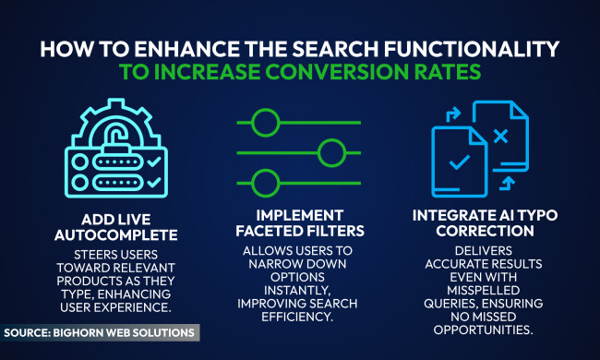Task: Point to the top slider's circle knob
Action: click(266, 121)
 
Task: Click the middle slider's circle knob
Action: click(330, 150)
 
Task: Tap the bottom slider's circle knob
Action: click(266, 181)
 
